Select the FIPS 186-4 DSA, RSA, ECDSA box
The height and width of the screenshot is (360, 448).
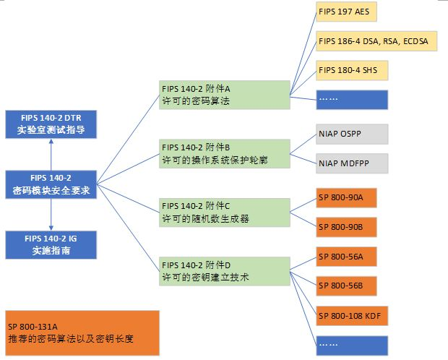pos(372,42)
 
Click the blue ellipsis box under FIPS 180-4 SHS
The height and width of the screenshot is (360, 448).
pos(352,100)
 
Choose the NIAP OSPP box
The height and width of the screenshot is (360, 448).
pos(352,134)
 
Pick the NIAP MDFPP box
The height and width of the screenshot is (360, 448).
pos(352,163)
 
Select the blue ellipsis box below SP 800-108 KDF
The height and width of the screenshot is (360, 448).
pos(352,345)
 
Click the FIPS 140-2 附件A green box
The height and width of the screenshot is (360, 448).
pos(224,95)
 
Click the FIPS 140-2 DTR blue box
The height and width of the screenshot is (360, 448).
pos(51,124)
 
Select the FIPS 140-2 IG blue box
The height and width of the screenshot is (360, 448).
pos(51,244)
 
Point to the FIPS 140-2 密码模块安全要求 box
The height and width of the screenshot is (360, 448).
pos(51,185)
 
